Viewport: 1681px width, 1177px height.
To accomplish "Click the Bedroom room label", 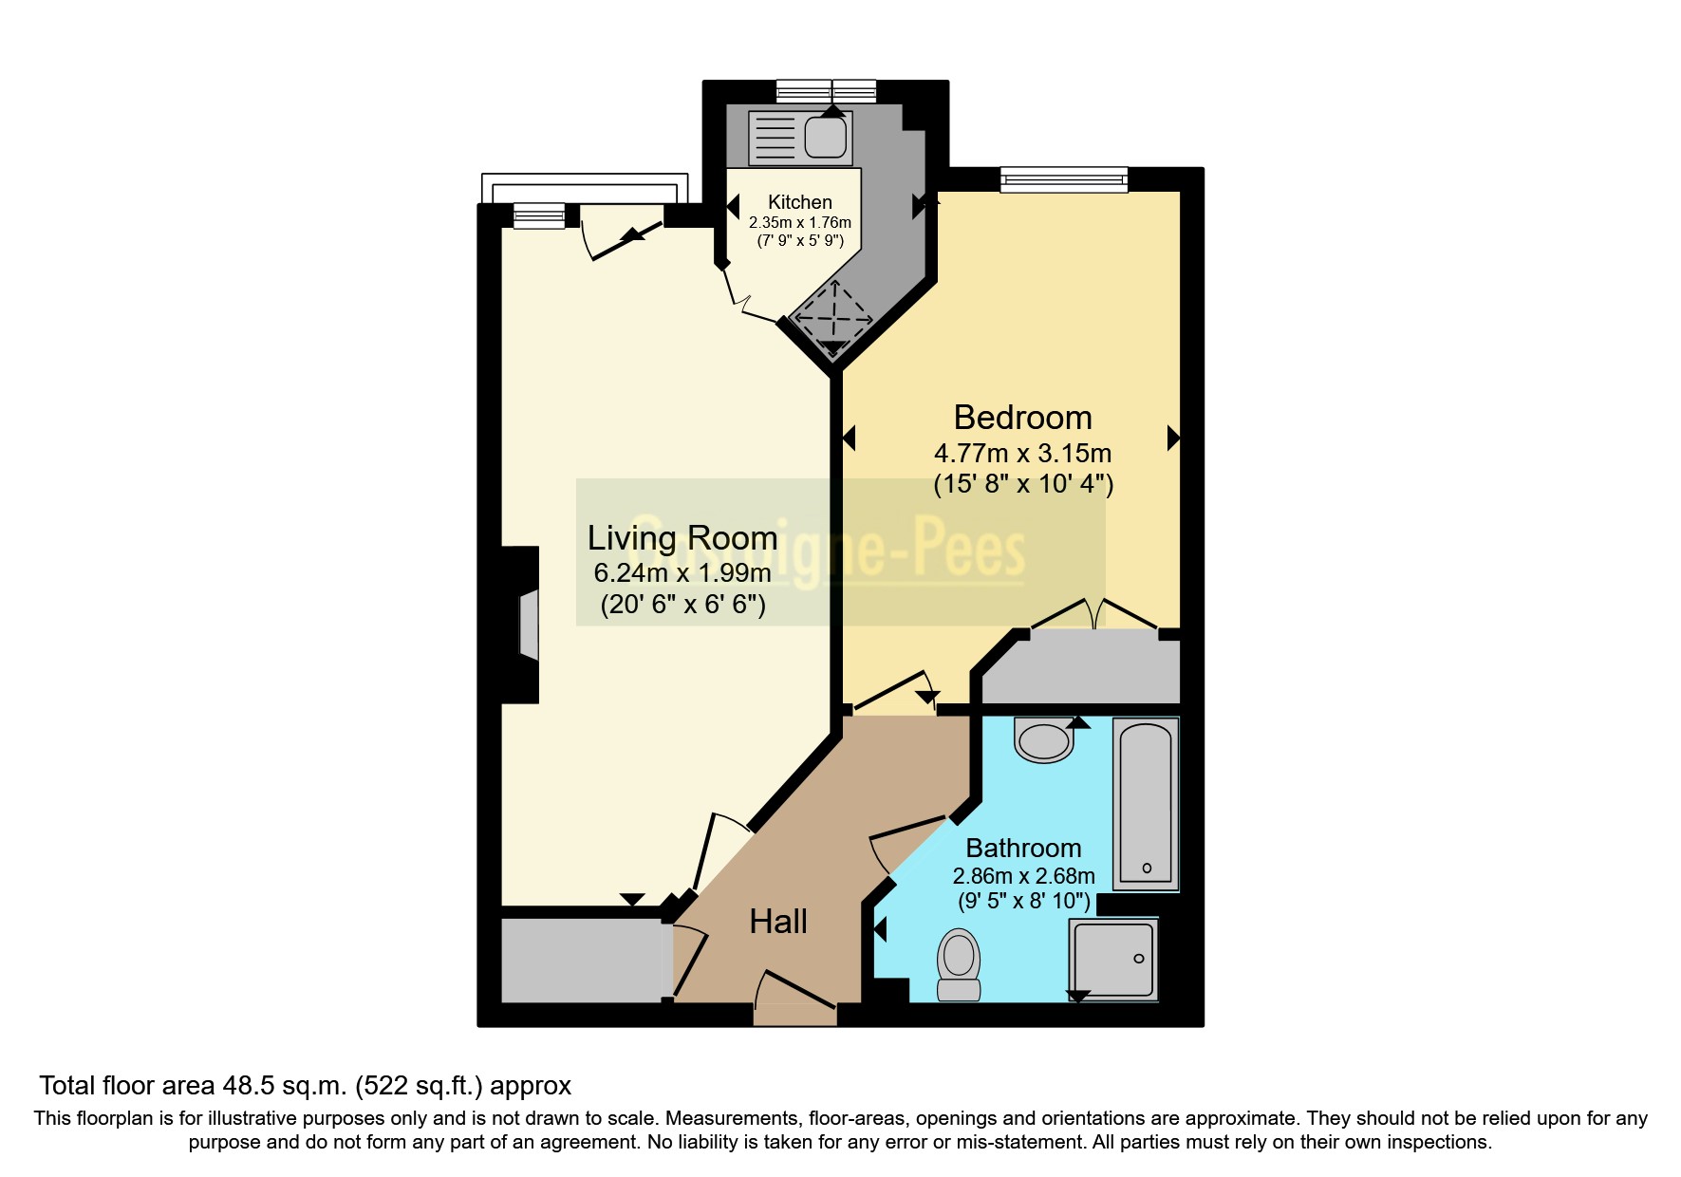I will coord(1022,418).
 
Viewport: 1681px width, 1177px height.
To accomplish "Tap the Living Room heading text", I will coord(682,538).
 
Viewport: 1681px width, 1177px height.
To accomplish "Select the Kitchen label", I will coord(799,202).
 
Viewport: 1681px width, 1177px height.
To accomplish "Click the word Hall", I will coord(777,922).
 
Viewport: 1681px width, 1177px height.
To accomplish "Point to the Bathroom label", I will coord(1023,848).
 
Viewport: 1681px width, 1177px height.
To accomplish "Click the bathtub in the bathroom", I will coord(1146,803).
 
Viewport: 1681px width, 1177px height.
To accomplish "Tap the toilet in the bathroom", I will coord(959,964).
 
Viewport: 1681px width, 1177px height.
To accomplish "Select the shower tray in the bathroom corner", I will coord(1113,959).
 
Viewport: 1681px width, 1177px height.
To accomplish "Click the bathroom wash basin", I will coord(1044,740).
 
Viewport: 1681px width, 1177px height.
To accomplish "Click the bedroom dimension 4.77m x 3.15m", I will coord(1022,453).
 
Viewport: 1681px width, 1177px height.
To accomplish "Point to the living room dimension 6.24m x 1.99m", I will coord(682,573).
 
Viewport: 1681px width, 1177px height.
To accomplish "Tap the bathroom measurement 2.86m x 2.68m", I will coord(1023,876).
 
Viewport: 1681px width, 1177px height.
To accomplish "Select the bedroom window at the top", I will coord(1063,179).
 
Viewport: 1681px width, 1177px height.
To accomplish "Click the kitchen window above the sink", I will coord(826,91).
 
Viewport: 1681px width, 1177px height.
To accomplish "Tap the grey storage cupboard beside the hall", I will coord(582,960).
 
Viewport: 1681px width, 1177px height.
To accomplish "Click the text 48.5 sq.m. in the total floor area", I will coord(285,1086).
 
